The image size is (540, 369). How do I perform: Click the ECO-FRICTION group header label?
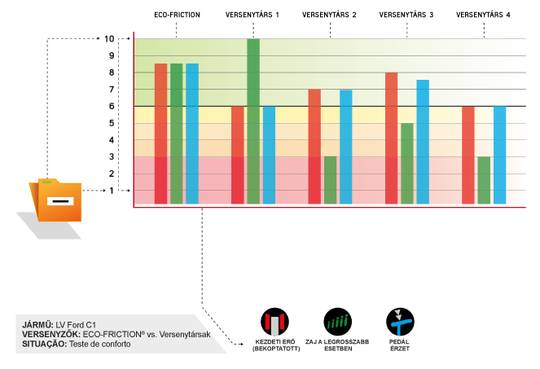(177, 15)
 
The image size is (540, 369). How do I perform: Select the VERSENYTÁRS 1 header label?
(252, 15)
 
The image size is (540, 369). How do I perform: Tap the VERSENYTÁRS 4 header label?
(484, 15)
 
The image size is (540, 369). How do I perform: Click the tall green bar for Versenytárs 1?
(253, 121)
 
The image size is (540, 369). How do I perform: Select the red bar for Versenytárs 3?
(392, 138)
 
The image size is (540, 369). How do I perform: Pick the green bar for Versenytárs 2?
(330, 180)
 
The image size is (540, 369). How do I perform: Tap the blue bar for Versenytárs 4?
(499, 155)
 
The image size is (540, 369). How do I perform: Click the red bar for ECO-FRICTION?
(160, 134)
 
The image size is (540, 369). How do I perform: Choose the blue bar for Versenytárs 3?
(423, 142)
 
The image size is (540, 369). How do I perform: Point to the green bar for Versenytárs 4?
(484, 180)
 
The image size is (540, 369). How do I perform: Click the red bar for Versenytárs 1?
(238, 155)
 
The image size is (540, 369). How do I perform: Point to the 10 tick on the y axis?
(110, 38)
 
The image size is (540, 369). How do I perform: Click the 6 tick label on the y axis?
(112, 106)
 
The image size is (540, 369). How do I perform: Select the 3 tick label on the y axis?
(112, 156)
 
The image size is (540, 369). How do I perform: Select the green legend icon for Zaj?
(336, 319)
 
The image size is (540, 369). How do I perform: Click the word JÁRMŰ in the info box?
(37, 325)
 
